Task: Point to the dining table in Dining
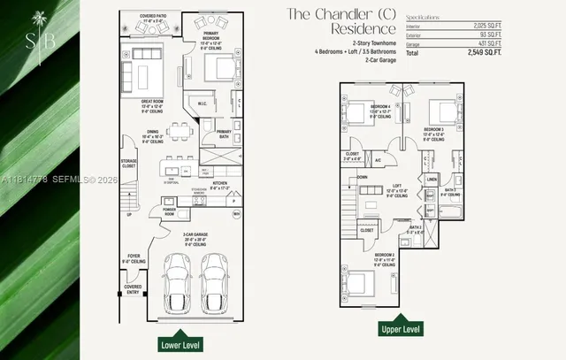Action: click(x=180, y=131)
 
